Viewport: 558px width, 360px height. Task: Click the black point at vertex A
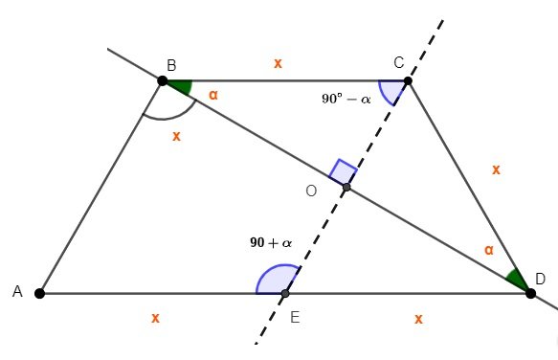[x=39, y=293]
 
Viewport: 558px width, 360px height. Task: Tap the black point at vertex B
[x=163, y=81]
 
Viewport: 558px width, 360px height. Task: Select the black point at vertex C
[x=408, y=81]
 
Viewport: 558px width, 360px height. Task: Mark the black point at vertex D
[x=531, y=293]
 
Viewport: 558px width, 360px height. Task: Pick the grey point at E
[x=285, y=293]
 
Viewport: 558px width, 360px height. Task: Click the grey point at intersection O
[x=346, y=188]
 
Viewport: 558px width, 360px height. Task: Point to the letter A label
[x=17, y=292]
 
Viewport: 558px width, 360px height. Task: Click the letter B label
[x=171, y=65]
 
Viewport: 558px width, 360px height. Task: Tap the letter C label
[x=398, y=63]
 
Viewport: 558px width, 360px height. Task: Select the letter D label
[x=541, y=279]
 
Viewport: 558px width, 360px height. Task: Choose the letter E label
[x=294, y=318]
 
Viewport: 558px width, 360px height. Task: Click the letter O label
[x=311, y=191]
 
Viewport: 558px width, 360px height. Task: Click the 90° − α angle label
[x=346, y=98]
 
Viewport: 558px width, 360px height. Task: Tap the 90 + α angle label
[x=271, y=243]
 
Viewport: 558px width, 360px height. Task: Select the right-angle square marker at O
[x=343, y=173]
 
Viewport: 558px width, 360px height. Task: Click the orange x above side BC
[x=278, y=63]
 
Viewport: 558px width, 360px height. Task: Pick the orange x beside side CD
[x=496, y=169]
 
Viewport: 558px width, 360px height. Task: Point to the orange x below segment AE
[x=155, y=317]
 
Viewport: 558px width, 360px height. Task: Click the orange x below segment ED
[x=418, y=317]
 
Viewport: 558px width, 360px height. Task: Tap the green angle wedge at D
[x=516, y=281]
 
